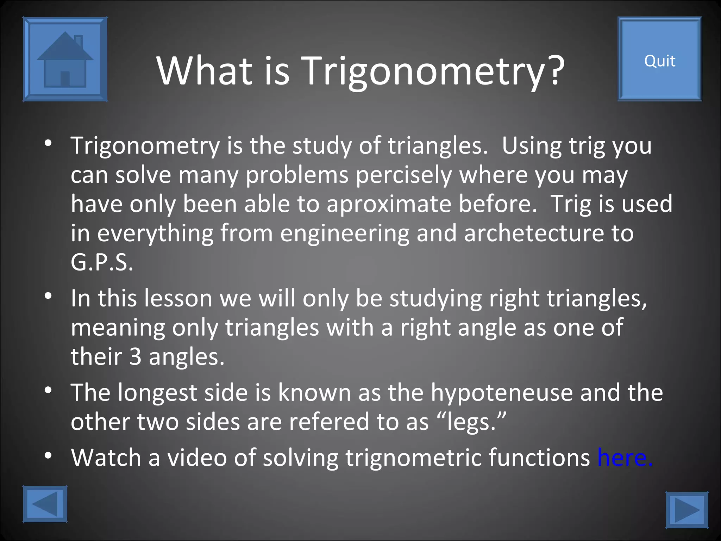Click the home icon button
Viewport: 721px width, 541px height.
[65, 59]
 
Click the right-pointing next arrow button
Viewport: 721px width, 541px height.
[687, 510]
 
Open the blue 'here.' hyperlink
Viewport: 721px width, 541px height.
[625, 458]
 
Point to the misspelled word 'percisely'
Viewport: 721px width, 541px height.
[403, 175]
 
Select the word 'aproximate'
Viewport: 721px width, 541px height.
[389, 204]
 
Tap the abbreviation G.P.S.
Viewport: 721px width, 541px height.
[102, 262]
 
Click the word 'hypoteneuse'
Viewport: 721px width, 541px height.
[502, 392]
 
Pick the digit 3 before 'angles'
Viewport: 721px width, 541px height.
[135, 356]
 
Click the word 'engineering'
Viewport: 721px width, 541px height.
[345, 234]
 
